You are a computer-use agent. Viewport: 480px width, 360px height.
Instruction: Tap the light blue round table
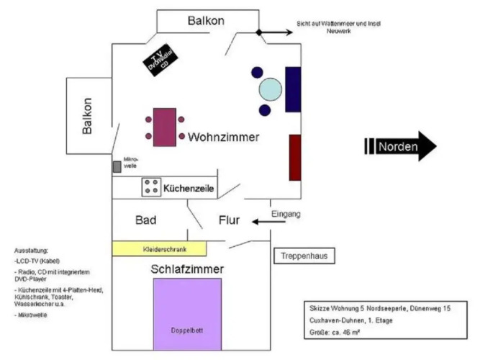coord(271,89)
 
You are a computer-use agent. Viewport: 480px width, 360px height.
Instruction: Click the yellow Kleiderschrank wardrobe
coord(159,248)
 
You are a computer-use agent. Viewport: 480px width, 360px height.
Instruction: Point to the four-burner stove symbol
coord(152,186)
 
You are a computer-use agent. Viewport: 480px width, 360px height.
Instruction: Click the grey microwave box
coord(117,167)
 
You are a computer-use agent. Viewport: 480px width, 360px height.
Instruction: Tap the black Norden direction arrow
coord(401,146)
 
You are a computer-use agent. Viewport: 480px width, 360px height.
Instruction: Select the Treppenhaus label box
coord(304,256)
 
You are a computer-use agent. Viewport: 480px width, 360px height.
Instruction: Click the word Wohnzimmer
coord(223,137)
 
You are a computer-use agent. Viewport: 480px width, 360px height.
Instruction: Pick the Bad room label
coord(147,220)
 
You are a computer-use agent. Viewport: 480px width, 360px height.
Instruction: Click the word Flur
coord(230,220)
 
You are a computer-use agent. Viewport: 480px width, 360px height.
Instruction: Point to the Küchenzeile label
coord(190,189)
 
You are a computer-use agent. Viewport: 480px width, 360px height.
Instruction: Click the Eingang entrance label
coord(286,215)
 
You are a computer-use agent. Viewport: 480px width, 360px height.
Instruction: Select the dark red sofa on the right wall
coord(294,157)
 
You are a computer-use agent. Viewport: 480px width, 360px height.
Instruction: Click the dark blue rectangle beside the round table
coord(293,89)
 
